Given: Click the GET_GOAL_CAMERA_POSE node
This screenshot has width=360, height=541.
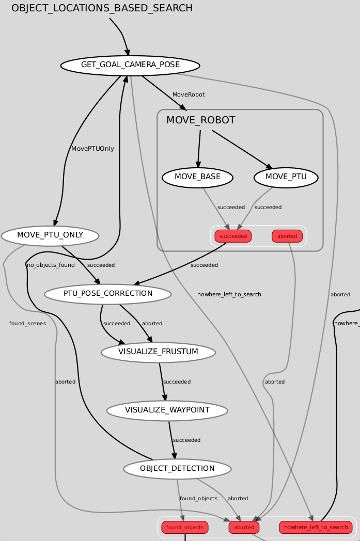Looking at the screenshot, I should [130, 65].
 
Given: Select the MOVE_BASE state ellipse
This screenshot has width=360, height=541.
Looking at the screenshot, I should [197, 177].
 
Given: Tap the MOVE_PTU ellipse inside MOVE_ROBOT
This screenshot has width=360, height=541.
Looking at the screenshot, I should [286, 177].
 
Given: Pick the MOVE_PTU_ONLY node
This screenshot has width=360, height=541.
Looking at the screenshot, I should [50, 236].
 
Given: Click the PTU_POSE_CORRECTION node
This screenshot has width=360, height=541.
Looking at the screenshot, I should [108, 294].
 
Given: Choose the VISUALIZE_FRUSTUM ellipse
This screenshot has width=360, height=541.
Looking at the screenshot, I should [158, 352].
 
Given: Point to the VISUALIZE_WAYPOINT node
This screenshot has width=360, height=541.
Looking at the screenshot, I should [167, 410].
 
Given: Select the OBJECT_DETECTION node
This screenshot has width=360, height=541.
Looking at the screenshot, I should [177, 469].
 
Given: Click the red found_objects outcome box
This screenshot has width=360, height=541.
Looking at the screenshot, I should [185, 528].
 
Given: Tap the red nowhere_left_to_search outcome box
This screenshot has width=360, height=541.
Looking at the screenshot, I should [316, 528].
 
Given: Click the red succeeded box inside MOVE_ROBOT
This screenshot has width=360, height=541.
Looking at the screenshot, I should [233, 236].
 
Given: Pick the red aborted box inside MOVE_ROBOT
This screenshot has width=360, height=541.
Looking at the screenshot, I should [287, 236].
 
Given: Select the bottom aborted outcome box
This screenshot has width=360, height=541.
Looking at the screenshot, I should [244, 528].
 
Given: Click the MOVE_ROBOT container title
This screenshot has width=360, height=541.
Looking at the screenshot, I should [200, 120].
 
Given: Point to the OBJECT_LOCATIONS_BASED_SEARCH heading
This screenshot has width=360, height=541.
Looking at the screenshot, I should [102, 8].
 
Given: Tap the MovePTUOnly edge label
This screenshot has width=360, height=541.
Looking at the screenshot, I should [92, 149].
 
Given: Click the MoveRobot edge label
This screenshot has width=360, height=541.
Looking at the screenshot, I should [189, 94].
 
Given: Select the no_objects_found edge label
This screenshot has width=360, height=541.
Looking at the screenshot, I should [51, 265].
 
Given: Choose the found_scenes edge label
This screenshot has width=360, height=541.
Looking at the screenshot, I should [27, 324].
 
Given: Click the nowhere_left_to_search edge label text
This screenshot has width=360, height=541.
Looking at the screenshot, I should [229, 294].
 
